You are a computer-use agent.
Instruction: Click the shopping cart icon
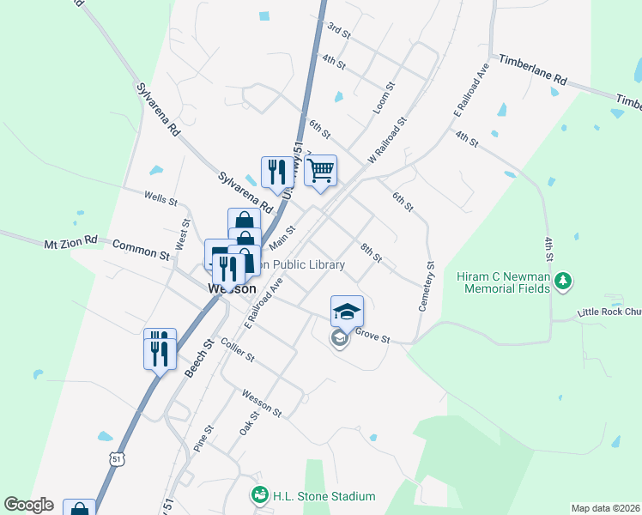point(320,171)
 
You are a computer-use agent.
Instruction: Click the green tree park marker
point(563,281)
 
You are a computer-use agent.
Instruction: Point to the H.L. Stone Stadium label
point(324,496)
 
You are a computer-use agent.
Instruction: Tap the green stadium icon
point(258,495)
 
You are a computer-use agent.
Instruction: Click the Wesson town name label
point(232,289)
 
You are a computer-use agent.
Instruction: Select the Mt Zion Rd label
point(71,245)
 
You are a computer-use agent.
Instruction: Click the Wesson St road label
point(262,401)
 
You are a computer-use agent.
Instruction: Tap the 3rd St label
point(339,31)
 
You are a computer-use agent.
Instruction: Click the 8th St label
point(371,252)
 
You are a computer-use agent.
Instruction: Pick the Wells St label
point(160,198)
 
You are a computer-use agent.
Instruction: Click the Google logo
point(28,505)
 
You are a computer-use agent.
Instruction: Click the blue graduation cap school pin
point(347,312)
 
